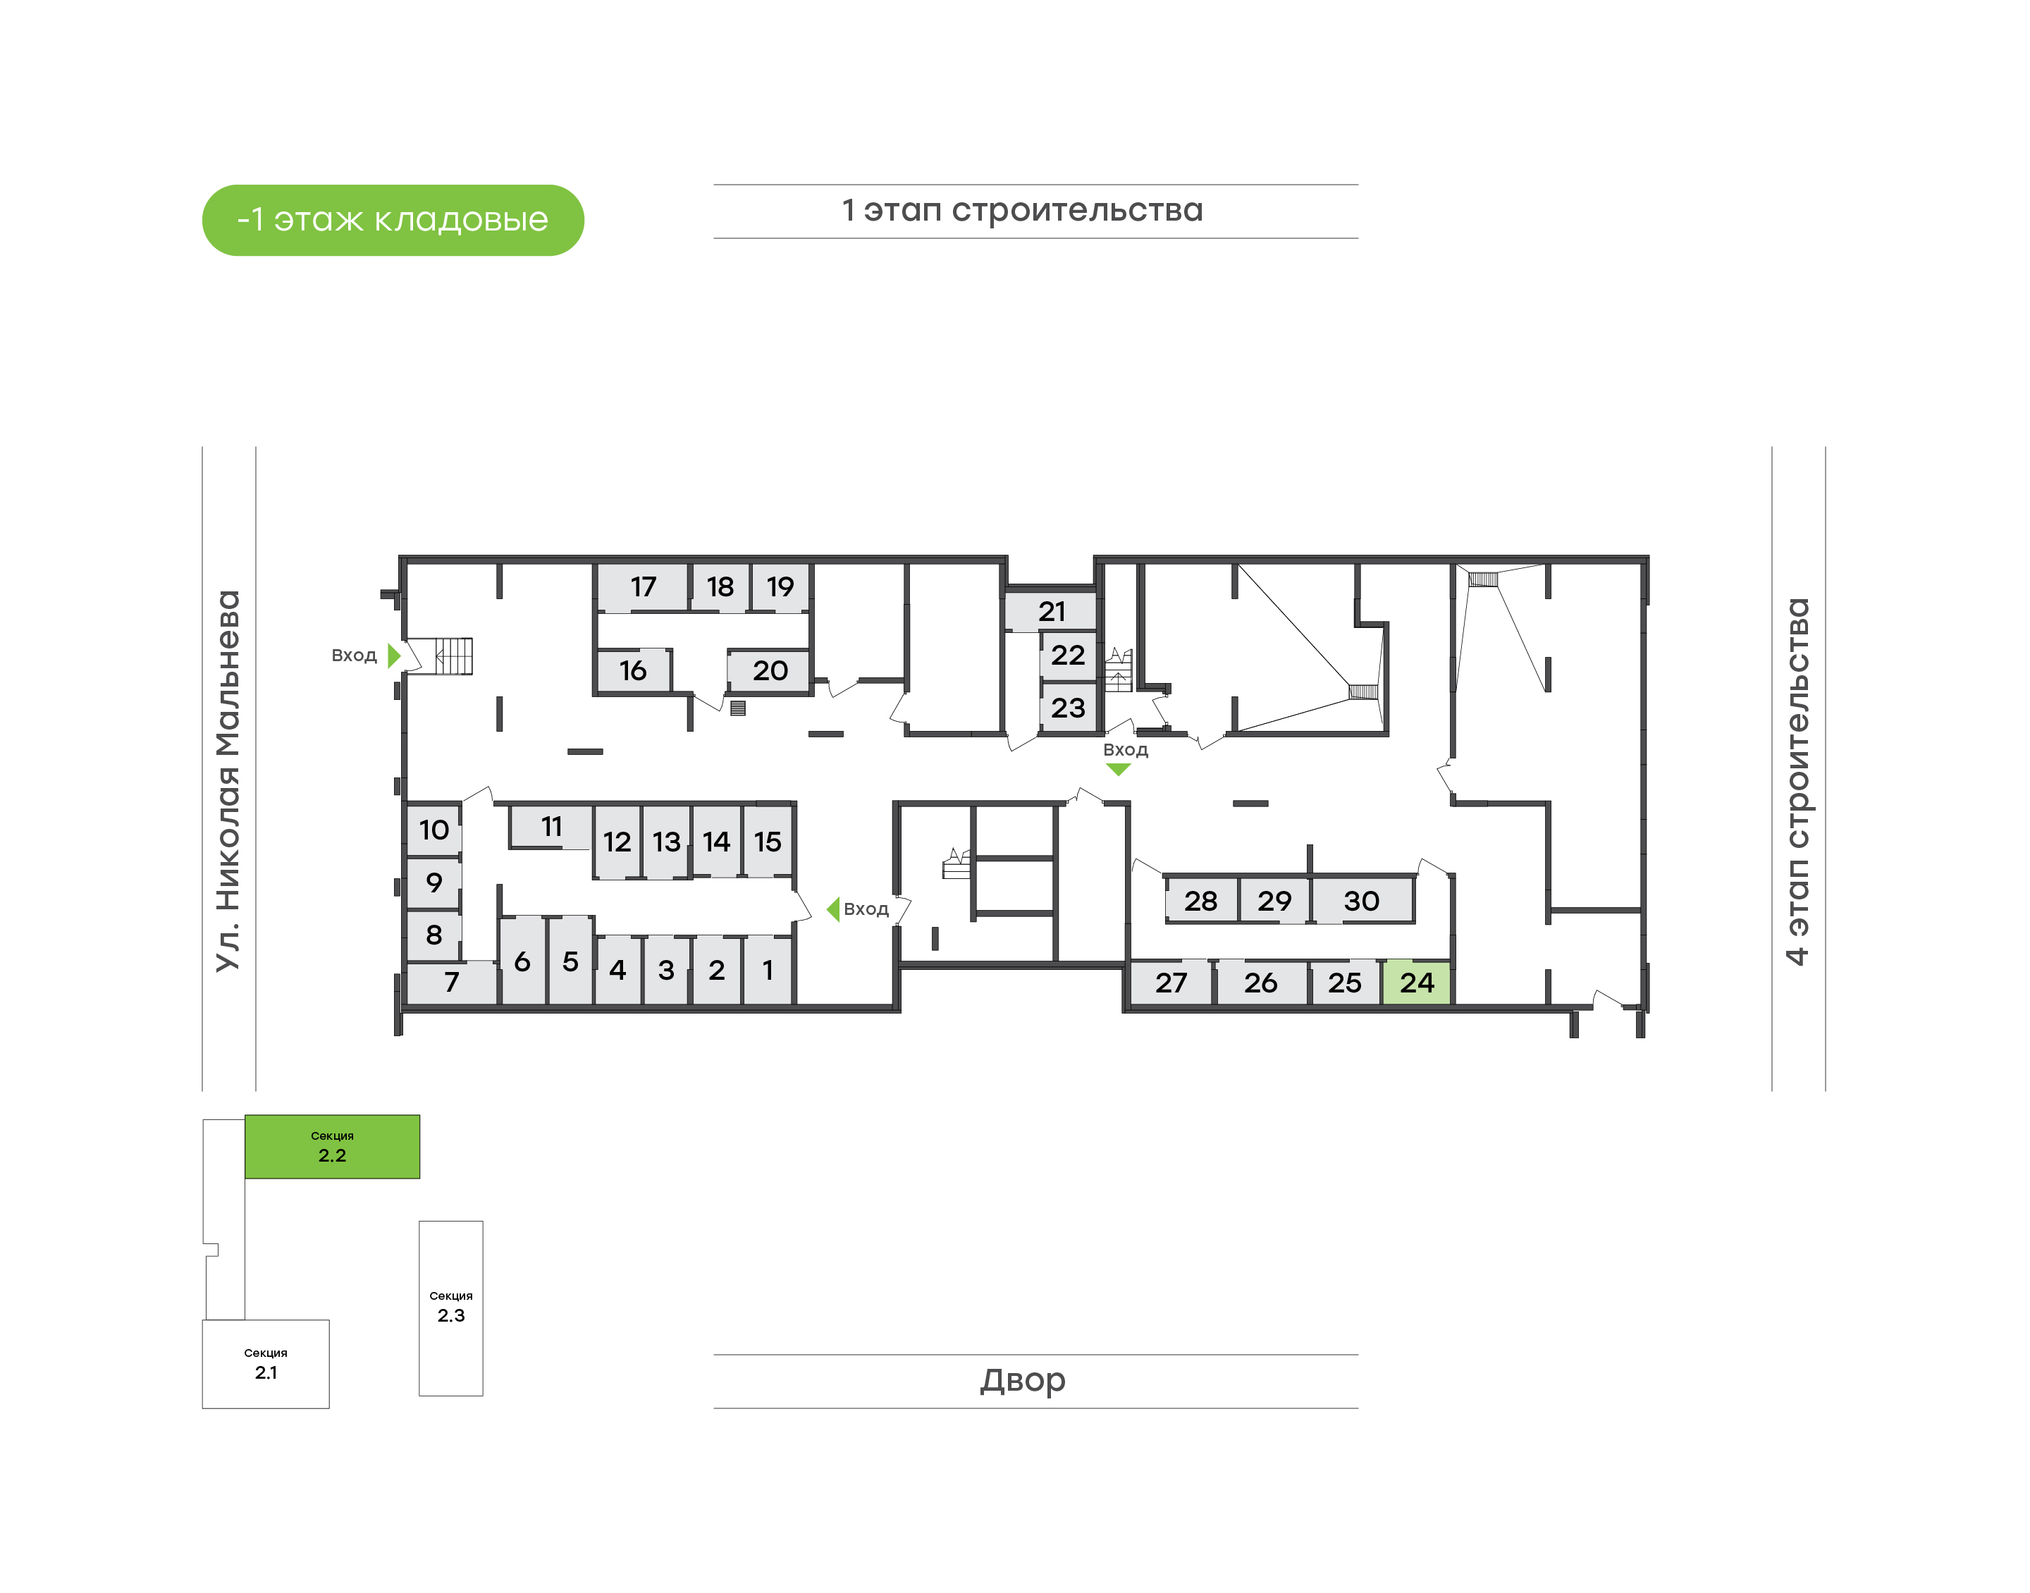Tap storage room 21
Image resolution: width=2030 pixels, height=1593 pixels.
1050,612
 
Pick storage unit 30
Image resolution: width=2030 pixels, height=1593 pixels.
1361,901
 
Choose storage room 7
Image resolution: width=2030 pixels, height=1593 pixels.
451,982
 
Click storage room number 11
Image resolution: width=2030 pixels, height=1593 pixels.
551,826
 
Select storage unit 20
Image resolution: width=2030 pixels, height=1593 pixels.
769,670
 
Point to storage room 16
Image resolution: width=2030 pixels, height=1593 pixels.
633,670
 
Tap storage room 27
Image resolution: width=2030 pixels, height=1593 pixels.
1171,982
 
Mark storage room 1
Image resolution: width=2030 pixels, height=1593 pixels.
768,970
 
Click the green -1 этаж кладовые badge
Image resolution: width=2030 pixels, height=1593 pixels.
393,220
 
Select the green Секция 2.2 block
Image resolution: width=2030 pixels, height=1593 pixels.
332,1146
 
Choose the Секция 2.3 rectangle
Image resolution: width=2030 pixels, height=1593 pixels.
450,1308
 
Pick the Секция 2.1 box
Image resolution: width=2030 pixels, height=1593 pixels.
266,1363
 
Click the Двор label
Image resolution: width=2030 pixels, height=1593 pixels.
1023,1379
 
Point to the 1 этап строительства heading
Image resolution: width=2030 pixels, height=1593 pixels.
1023,210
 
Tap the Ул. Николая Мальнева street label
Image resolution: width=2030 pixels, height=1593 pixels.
228,781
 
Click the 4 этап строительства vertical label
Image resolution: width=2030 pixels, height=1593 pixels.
1797,781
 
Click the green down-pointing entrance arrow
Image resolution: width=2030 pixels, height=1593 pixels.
1118,770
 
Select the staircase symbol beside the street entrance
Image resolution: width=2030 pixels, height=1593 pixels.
453,656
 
